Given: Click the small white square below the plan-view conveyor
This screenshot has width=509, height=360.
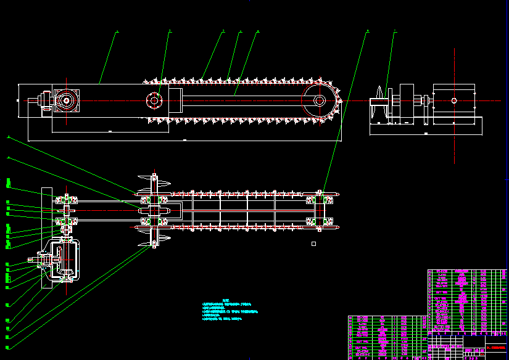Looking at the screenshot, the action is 313,244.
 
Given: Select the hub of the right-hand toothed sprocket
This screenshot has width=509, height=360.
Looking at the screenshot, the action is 319,101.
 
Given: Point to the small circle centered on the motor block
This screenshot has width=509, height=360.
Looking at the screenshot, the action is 454,100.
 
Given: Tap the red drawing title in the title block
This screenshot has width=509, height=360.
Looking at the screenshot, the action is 496,348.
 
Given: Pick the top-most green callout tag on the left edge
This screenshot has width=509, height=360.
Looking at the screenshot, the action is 9,182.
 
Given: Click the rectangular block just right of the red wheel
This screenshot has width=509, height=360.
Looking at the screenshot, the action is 174,100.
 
